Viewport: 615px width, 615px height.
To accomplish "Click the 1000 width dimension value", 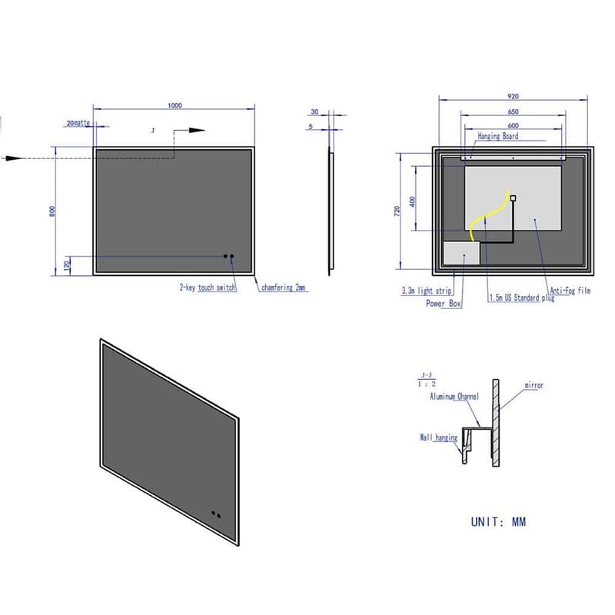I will (x=175, y=106).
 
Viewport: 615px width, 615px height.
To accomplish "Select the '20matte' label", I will (x=78, y=123).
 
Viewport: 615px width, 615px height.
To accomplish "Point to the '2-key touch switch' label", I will (x=208, y=288).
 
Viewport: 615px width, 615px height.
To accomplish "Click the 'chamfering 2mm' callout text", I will (x=284, y=288).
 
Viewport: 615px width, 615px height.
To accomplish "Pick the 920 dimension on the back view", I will (x=513, y=96).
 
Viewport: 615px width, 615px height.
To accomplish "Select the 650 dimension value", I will (x=513, y=111).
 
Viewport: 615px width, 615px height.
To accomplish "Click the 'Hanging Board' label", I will (x=498, y=136).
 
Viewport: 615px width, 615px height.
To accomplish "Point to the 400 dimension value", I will (x=413, y=201).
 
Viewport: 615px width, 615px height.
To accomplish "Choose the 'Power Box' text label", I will (x=444, y=304).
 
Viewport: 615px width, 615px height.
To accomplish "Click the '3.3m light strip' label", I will (x=427, y=291).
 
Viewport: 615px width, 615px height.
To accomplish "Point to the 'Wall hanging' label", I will (x=438, y=437).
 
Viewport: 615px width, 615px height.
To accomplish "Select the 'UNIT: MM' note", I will (x=498, y=522).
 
